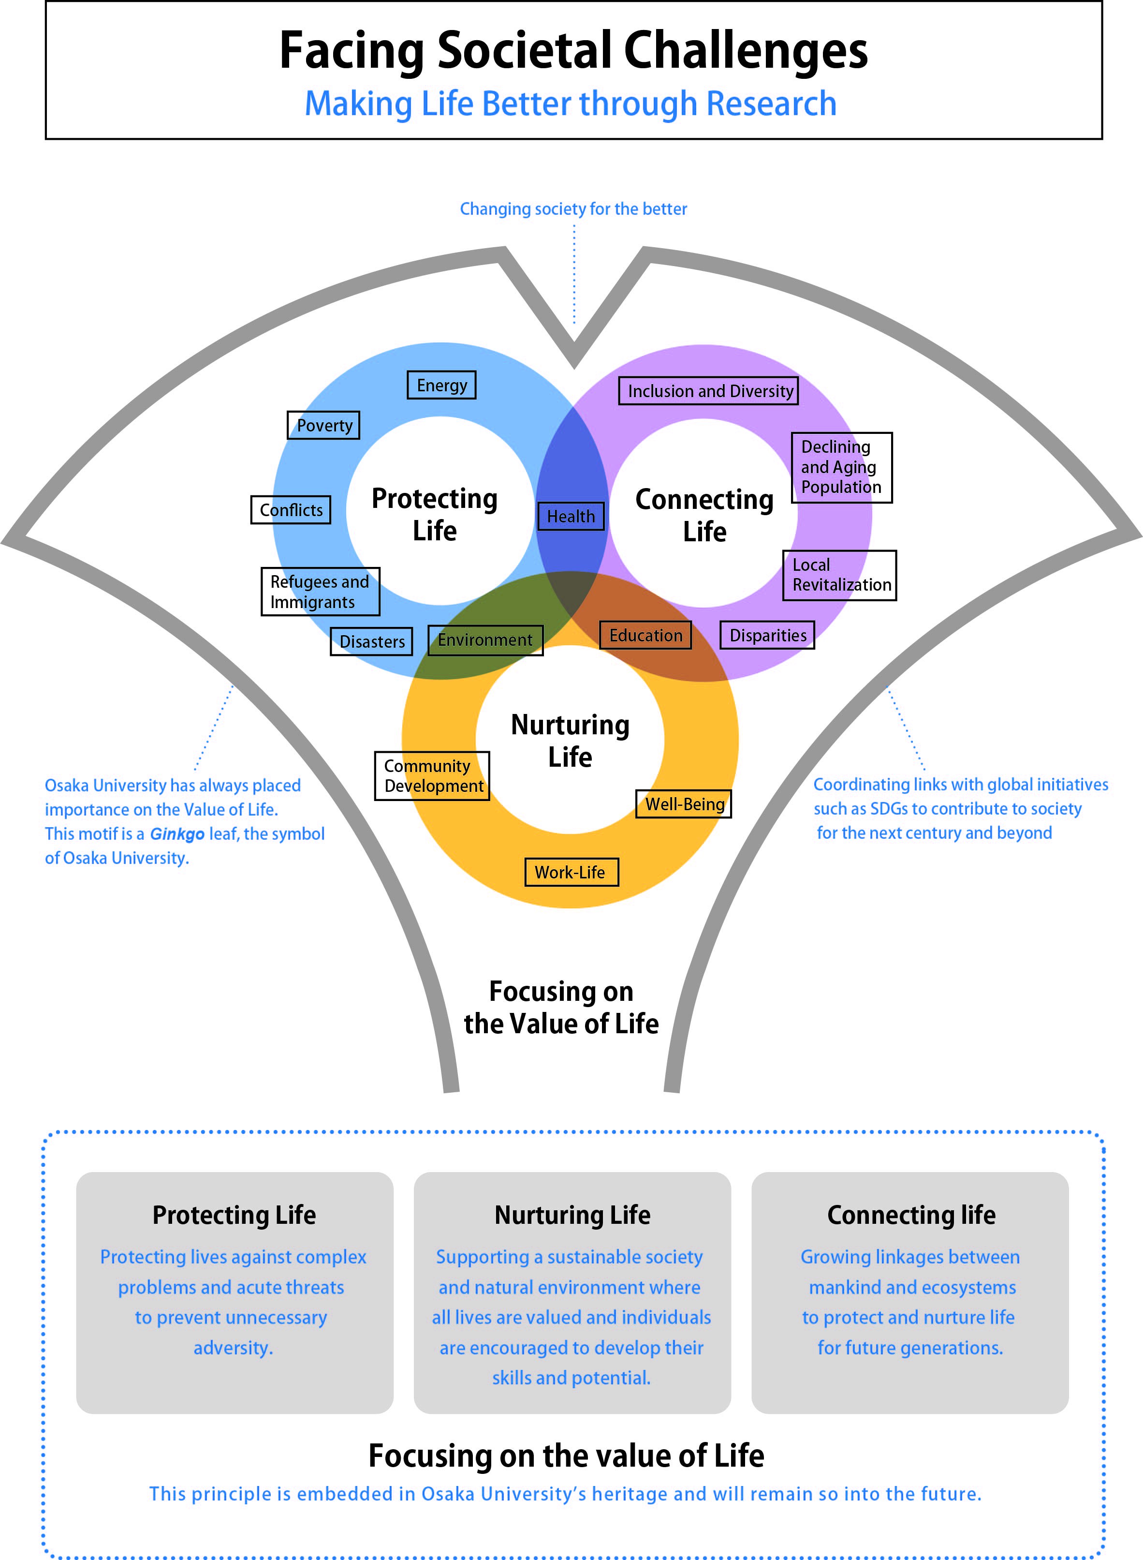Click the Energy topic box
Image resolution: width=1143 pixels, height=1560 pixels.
coord(441,385)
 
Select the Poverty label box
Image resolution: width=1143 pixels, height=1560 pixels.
coord(324,425)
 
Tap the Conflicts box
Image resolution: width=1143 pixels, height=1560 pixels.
coord(291,510)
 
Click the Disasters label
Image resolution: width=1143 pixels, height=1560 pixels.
coord(371,641)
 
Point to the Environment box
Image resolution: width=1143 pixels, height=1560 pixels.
coord(485,640)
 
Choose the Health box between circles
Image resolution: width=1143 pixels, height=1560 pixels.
coord(571,516)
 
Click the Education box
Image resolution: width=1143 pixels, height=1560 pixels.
coord(645,635)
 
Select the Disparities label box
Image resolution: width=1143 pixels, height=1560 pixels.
coord(767,635)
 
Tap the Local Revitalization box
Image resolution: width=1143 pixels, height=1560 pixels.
coord(839,575)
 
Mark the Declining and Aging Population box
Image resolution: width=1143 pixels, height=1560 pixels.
coord(841,467)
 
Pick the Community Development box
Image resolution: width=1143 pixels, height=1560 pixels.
coord(432,776)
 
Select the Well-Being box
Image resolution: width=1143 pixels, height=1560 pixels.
coord(684,804)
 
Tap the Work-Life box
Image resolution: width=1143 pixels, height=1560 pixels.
coord(571,872)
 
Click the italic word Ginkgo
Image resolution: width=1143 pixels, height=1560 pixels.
coord(177,834)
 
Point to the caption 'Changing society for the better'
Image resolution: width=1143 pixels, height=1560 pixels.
coord(573,209)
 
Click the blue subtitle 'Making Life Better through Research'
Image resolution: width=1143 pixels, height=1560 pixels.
coord(571,104)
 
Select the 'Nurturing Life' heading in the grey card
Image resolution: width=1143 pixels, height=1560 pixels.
coord(572,1215)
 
